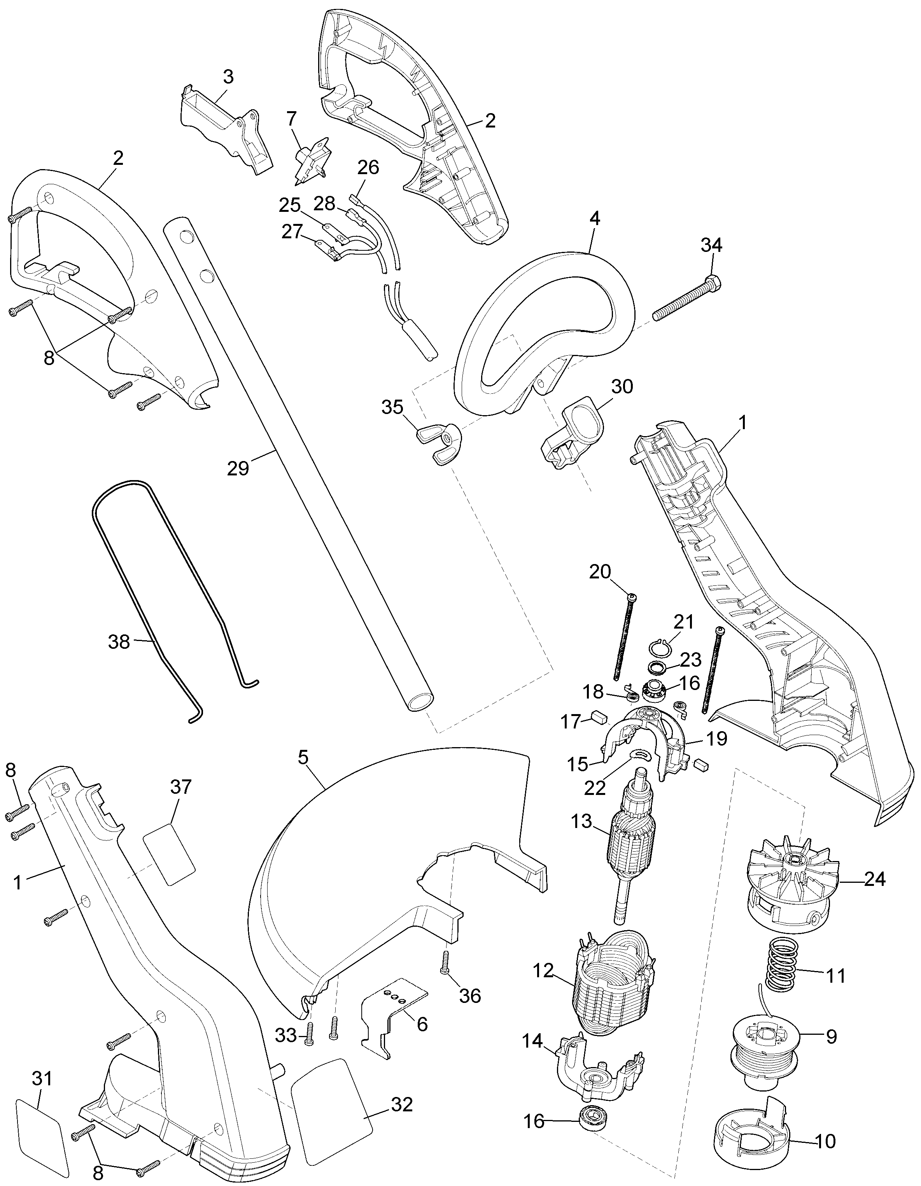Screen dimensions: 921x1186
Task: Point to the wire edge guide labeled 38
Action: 172,601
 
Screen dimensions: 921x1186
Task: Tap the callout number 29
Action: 238,468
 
